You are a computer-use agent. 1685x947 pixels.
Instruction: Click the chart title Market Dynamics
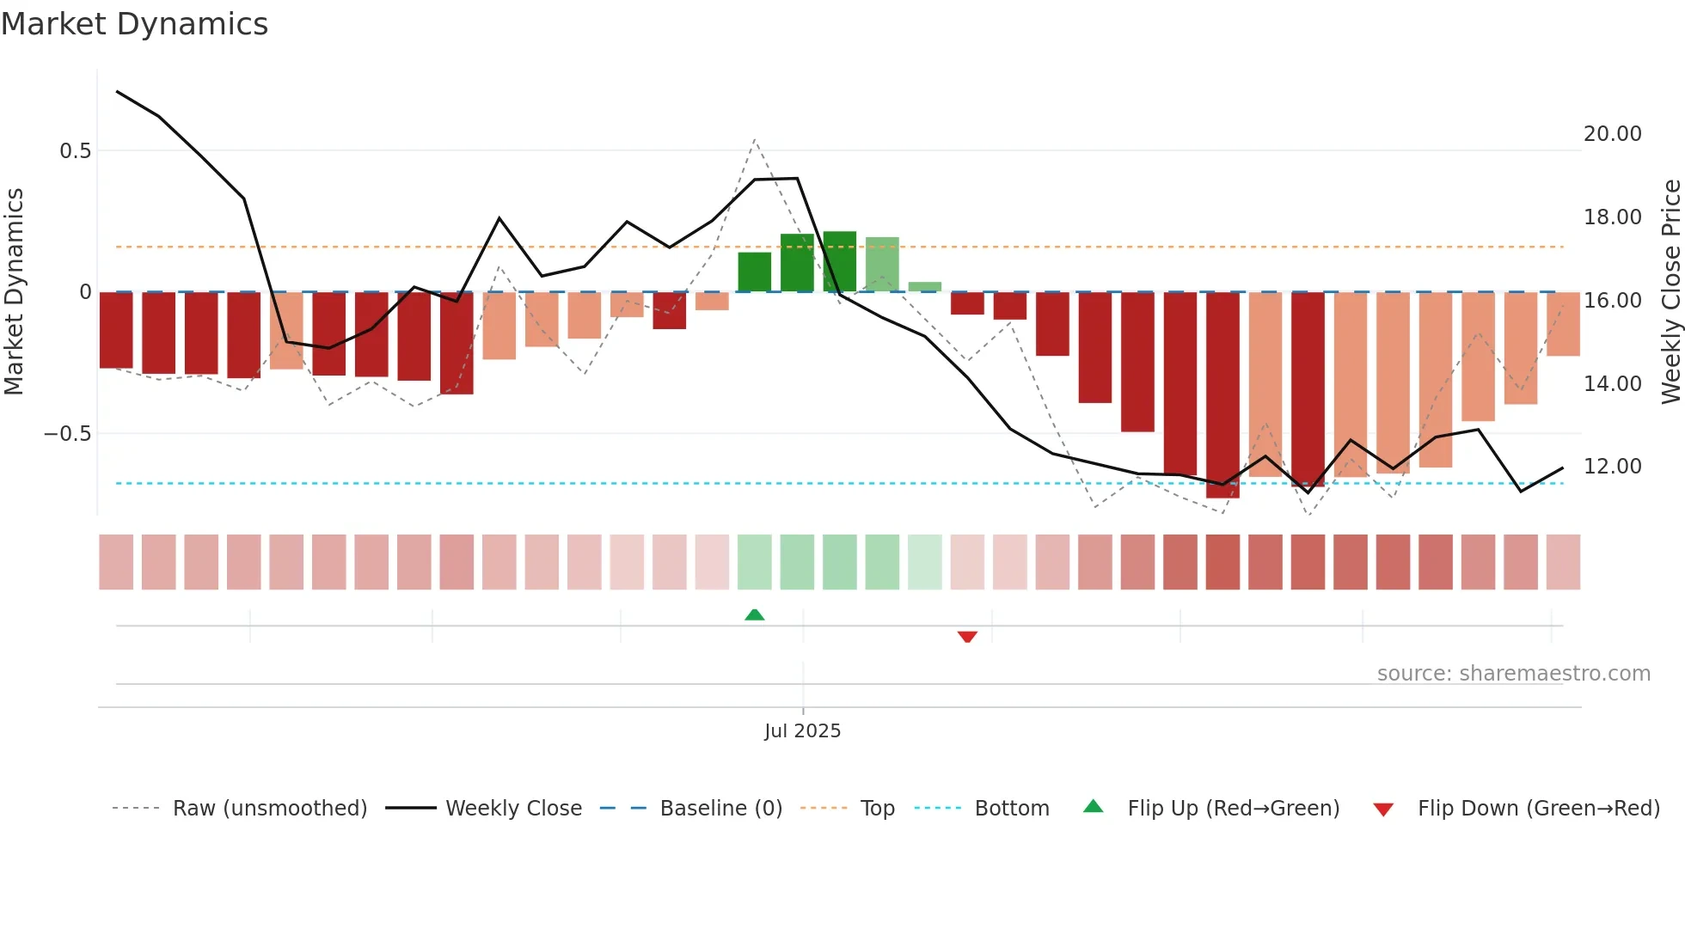(134, 24)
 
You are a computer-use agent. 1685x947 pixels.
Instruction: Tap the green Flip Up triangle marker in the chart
(754, 614)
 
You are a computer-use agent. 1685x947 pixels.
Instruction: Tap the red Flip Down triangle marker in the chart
(967, 637)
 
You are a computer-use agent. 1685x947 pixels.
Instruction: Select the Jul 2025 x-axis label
(802, 731)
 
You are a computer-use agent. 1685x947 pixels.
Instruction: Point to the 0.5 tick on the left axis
(75, 151)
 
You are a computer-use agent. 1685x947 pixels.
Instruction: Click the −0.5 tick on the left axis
(68, 434)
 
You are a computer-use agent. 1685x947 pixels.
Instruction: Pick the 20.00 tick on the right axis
(1612, 134)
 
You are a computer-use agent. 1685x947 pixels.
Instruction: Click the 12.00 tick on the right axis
(1612, 467)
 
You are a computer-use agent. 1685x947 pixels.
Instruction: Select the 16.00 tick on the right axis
(1612, 301)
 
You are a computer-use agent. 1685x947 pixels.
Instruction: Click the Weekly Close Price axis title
(1670, 291)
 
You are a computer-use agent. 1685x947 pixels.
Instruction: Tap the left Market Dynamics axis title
(14, 291)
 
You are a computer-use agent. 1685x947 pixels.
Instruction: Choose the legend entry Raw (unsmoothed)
(269, 809)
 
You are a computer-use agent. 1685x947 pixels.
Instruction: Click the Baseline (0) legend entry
(720, 809)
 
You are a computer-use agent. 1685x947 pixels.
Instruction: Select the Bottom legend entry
(1011, 809)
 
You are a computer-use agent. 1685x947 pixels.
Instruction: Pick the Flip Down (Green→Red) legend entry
(1538, 809)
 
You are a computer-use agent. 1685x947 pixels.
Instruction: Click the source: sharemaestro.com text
(1513, 674)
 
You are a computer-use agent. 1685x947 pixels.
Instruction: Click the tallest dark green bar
(839, 262)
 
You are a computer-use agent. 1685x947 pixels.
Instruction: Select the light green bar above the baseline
(882, 265)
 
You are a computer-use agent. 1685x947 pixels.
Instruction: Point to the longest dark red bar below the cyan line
(1222, 395)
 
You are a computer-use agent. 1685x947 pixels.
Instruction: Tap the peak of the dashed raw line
(754, 139)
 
